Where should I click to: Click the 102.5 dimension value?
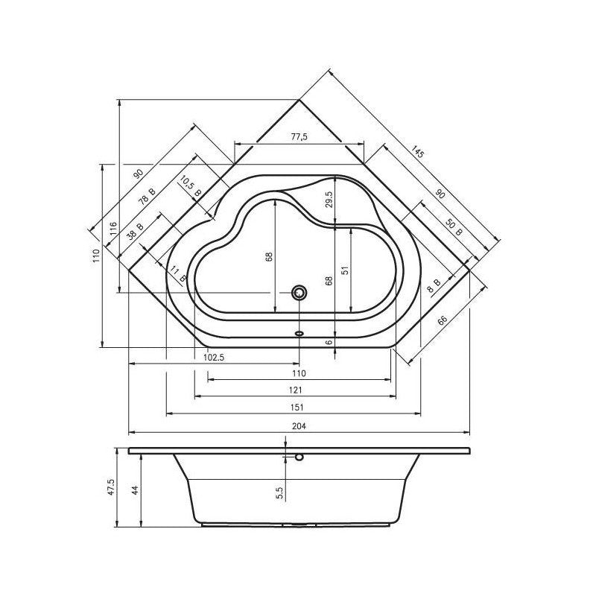[214, 357]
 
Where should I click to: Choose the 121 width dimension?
[295, 390]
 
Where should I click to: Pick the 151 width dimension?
[295, 407]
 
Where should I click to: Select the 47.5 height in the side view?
[111, 488]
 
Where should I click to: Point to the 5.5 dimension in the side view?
[280, 492]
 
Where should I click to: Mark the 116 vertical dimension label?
[114, 229]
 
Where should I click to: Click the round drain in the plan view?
[299, 292]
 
